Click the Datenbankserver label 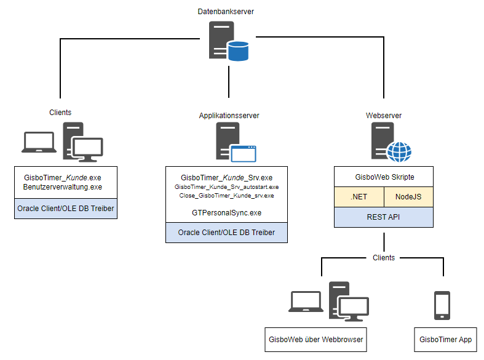226,12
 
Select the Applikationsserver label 229,116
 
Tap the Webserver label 383,116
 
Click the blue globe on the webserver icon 399,151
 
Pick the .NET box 359,198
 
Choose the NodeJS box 408,198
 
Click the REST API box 383,217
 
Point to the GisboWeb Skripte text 383,177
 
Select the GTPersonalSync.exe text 226,212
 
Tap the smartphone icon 442,305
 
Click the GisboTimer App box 445,339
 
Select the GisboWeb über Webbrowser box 316,339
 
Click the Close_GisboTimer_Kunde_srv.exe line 226,195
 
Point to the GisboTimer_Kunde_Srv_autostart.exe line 226,186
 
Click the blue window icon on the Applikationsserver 243,153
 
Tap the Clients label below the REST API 384,257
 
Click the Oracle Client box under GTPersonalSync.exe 226,233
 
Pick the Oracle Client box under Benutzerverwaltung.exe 66,209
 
